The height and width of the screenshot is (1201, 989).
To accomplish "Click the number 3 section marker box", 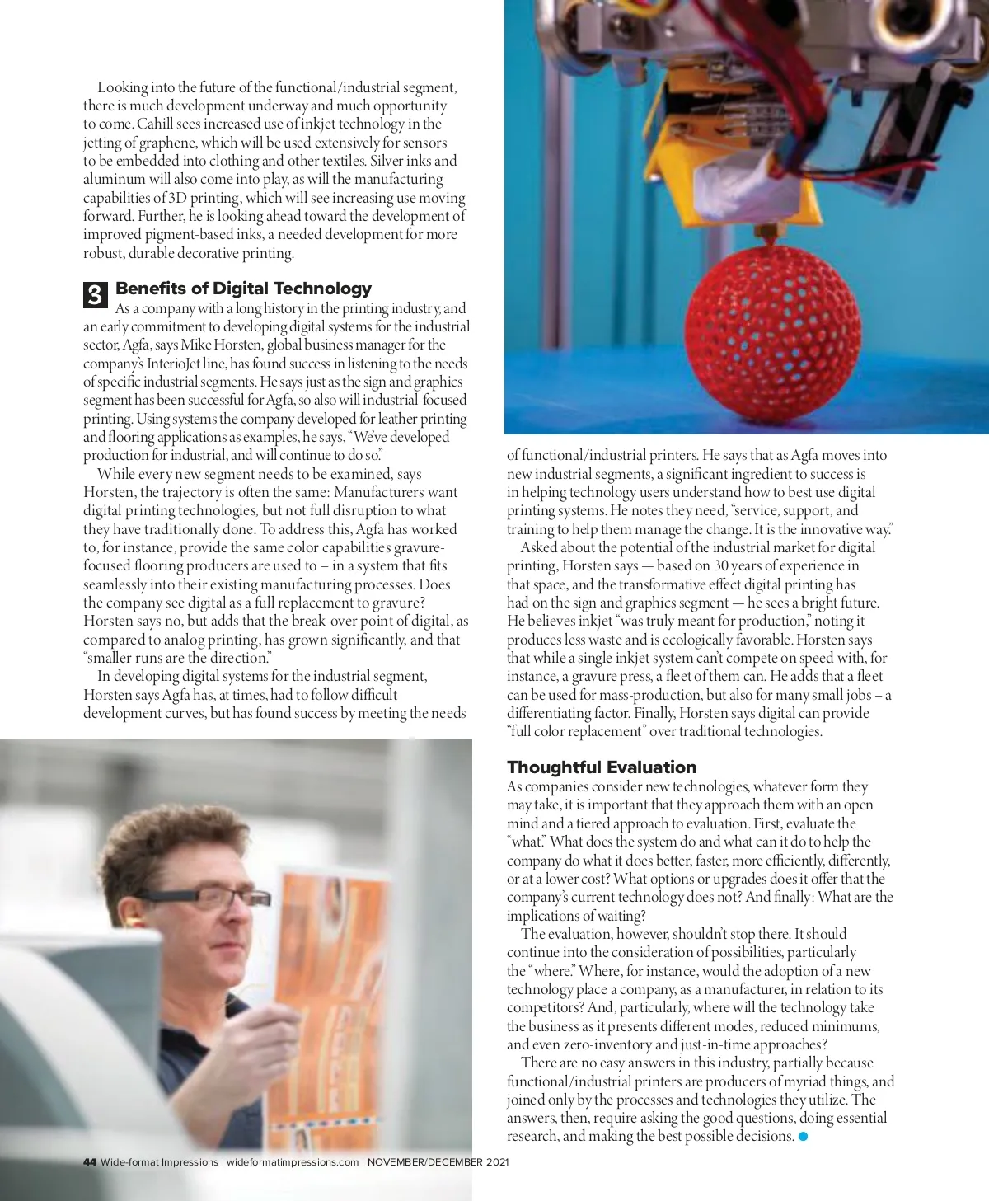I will pyautogui.click(x=95, y=294).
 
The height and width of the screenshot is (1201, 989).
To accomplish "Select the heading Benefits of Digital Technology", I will pyautogui.click(x=243, y=289).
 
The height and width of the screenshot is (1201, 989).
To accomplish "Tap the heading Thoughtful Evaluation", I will pyautogui.click(x=601, y=767).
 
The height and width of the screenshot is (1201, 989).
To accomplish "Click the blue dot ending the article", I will pyautogui.click(x=804, y=1137).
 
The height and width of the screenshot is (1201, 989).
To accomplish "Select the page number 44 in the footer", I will pyautogui.click(x=90, y=1162).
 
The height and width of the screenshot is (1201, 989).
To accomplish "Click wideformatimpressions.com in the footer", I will pyautogui.click(x=293, y=1162).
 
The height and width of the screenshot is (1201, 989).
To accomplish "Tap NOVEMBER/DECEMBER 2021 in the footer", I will pyautogui.click(x=438, y=1162).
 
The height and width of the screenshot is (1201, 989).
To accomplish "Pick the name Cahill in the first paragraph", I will pyautogui.click(x=155, y=124).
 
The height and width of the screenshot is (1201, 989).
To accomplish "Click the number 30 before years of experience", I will pyautogui.click(x=721, y=565).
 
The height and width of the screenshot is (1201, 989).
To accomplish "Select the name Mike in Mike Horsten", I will pyautogui.click(x=197, y=345).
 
